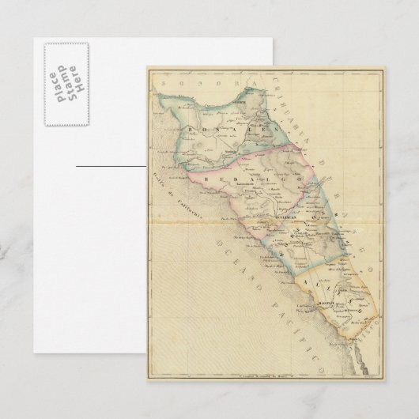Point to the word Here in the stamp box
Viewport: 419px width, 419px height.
coord(80,79)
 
